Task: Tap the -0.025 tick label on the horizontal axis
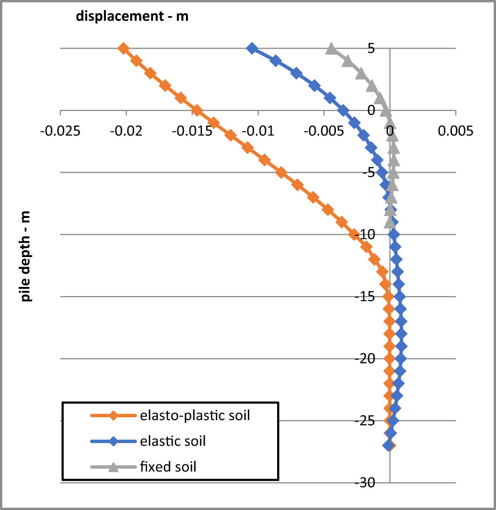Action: tap(60, 131)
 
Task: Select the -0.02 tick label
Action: tap(126, 131)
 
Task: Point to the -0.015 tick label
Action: tap(192, 131)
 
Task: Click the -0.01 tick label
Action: tap(258, 131)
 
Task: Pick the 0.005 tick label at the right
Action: tap(456, 131)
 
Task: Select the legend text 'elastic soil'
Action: tap(172, 441)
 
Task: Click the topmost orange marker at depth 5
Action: tap(123, 49)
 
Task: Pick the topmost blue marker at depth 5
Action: tap(252, 49)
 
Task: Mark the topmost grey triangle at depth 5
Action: tap(331, 49)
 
